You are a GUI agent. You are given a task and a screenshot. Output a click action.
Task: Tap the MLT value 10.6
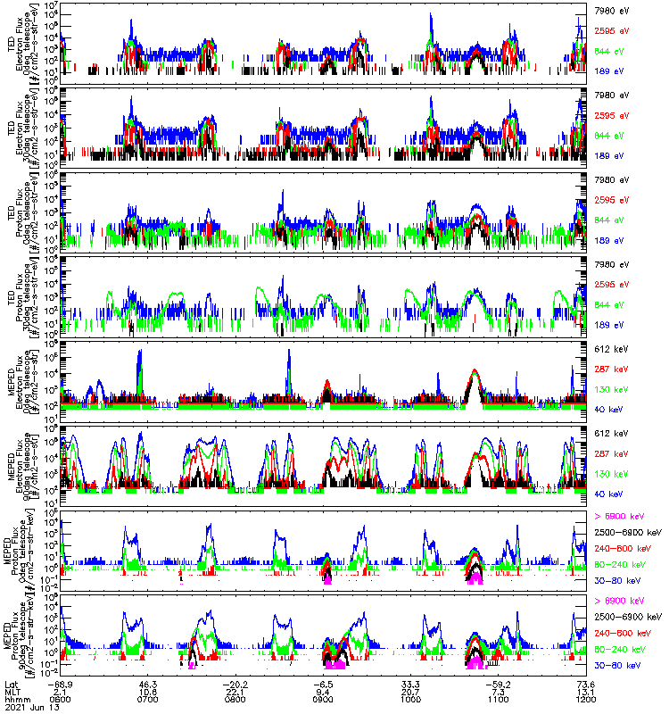(148, 692)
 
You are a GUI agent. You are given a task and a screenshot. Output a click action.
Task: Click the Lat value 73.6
(585, 684)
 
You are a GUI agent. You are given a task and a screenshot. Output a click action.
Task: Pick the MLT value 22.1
(235, 692)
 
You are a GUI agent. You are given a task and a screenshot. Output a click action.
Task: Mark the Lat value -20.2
(235, 684)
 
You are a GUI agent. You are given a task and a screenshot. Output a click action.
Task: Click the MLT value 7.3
(498, 692)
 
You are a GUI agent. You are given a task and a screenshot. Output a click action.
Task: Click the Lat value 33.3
(410, 684)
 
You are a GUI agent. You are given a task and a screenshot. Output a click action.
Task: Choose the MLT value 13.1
(585, 692)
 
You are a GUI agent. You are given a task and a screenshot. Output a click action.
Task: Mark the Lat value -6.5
(323, 684)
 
